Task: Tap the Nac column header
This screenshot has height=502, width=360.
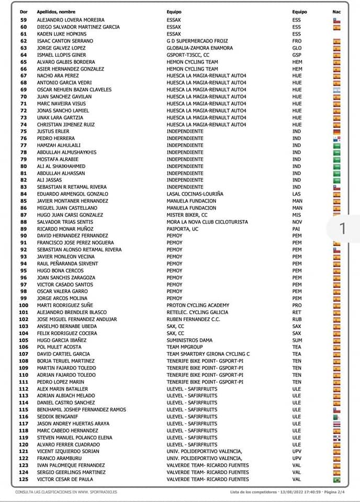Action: (336, 12)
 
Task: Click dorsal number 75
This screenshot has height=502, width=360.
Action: (24, 131)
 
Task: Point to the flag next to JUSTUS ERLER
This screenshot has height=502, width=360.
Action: (336, 131)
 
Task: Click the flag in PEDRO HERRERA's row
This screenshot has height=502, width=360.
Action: (336, 139)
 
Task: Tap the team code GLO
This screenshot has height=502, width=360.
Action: (297, 48)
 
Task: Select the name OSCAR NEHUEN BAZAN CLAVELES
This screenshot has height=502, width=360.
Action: (74, 89)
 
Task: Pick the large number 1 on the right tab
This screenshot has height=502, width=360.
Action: (343, 229)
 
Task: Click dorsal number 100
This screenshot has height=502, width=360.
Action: (24, 305)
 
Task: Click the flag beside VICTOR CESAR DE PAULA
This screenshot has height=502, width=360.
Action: (336, 480)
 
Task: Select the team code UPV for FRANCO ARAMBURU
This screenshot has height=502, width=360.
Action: (297, 459)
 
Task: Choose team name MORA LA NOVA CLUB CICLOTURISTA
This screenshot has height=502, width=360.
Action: (207, 222)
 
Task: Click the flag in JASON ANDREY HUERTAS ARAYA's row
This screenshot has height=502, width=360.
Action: (336, 424)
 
